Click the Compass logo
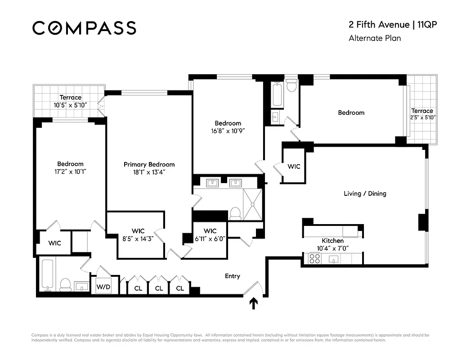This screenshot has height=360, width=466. [84, 28]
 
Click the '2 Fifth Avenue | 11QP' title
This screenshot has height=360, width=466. [393, 25]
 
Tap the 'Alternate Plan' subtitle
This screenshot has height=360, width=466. [374, 38]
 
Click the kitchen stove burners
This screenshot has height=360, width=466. [314, 258]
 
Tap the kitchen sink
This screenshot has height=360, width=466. [334, 258]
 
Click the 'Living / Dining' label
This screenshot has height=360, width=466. [365, 193]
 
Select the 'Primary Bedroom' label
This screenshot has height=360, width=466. [149, 165]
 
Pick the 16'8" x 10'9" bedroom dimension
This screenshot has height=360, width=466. [228, 131]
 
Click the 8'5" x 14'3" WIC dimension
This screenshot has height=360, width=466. [138, 239]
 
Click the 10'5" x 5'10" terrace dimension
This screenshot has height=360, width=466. [71, 105]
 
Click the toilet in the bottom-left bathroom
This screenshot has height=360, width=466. [65, 283]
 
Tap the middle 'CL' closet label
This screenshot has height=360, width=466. [159, 288]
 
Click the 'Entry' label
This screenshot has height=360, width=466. [233, 276]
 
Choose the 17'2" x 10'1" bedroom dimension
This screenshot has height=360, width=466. [70, 171]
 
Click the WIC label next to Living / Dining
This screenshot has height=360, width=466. [294, 166]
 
